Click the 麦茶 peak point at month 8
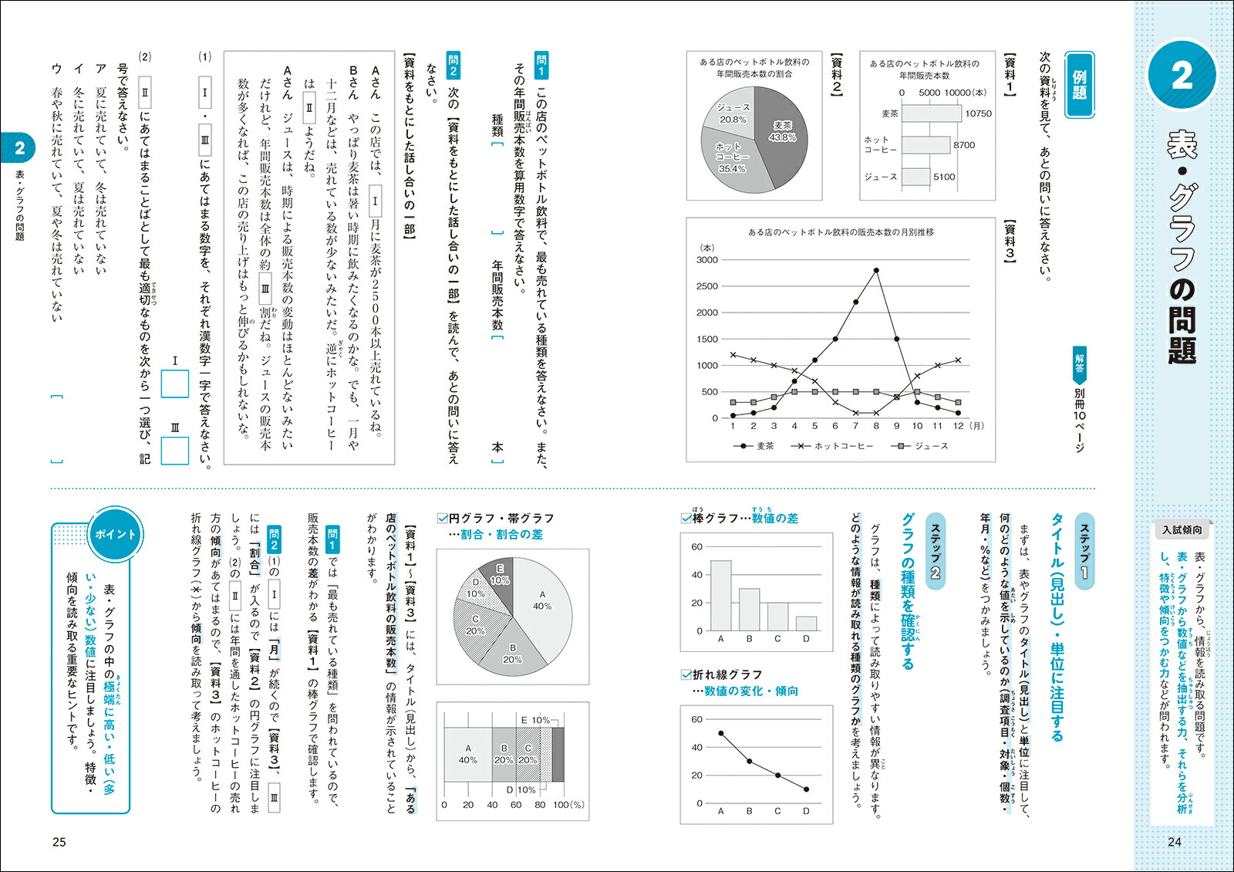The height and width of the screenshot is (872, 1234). tap(876, 270)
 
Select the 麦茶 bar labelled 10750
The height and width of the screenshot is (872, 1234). tap(931, 113)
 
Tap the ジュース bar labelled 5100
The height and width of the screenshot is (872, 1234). tap(915, 177)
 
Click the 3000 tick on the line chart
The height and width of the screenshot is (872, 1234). tap(707, 260)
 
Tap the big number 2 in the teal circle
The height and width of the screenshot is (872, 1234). tap(1181, 75)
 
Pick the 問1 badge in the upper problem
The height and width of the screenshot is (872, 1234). tap(541, 65)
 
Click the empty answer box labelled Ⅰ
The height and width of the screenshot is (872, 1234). tap(175, 384)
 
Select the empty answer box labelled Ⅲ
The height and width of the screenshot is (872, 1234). tap(175, 451)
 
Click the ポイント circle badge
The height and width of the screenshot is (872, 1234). tap(115, 534)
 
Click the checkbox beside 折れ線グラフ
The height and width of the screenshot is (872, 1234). tap(686, 674)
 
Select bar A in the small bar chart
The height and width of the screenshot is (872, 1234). tap(721, 595)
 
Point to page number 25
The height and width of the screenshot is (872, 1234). tap(59, 842)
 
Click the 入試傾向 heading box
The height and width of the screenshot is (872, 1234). tap(1181, 530)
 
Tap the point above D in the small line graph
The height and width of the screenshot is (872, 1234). tap(806, 789)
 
